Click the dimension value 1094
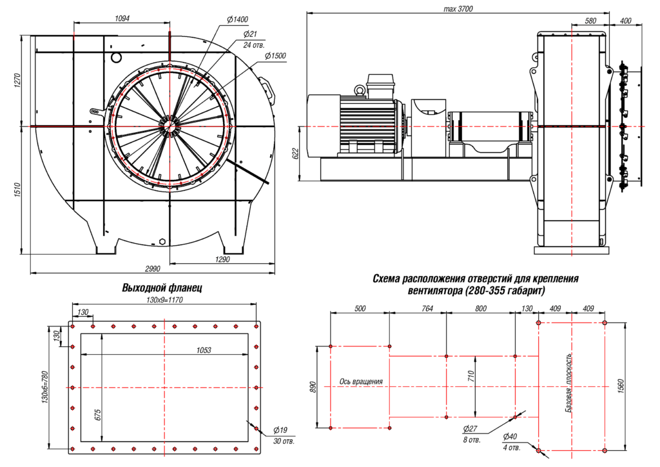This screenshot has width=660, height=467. (122, 19)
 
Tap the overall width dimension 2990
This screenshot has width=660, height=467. (151, 268)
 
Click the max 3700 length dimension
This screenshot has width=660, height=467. (458, 8)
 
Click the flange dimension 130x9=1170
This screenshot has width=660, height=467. (165, 299)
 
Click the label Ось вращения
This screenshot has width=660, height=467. (361, 382)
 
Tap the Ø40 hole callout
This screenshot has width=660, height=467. (511, 436)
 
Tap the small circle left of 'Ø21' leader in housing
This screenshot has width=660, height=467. (116, 57)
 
